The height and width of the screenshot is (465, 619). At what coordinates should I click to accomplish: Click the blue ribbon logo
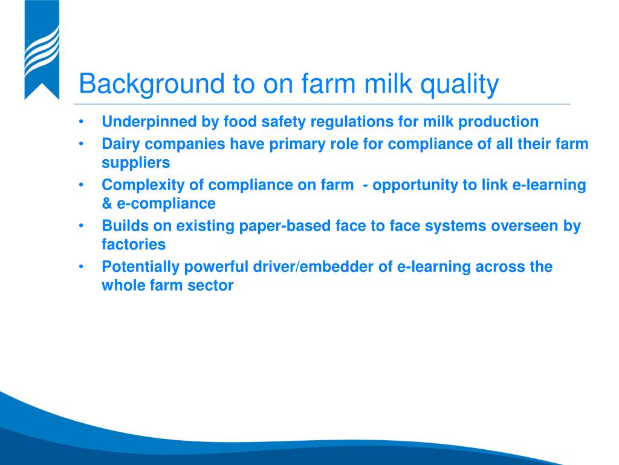(x=42, y=50)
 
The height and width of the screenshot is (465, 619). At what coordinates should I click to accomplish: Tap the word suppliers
(x=136, y=163)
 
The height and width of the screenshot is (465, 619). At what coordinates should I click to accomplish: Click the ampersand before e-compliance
(x=107, y=203)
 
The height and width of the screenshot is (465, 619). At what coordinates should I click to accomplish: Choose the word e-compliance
(x=166, y=203)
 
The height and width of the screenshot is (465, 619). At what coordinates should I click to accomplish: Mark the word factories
(x=134, y=245)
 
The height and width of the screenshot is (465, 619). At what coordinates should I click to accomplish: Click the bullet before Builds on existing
(x=82, y=226)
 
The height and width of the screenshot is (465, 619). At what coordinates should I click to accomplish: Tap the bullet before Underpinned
(x=82, y=121)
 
